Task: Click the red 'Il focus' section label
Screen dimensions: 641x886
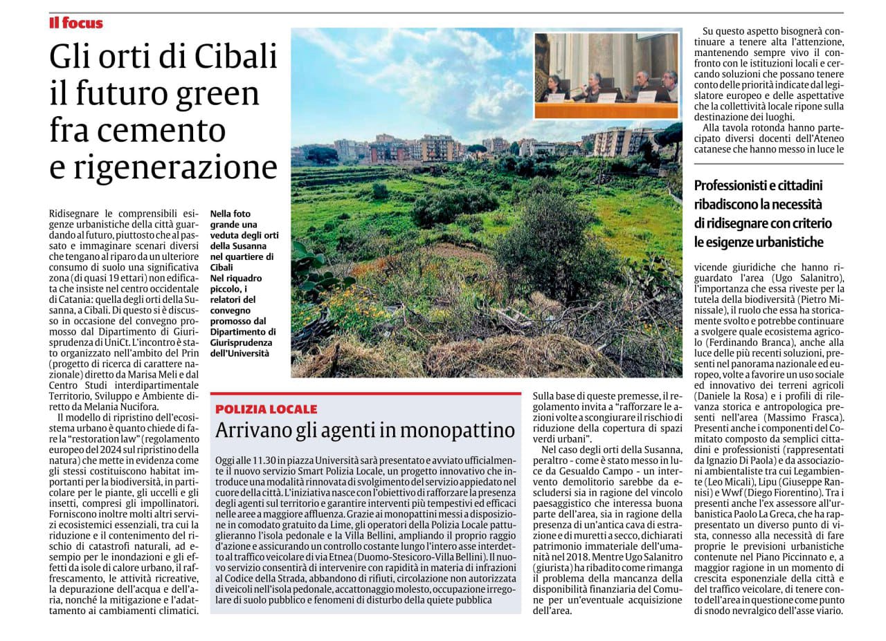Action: pos(76,23)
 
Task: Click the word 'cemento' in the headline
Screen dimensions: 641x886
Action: pos(174,129)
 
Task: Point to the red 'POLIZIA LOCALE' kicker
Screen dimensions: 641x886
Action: pos(266,409)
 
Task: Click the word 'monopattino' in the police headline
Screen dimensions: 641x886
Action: pos(458,431)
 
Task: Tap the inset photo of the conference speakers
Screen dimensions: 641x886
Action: pos(606,76)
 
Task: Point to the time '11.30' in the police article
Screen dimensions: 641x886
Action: pos(262,461)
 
